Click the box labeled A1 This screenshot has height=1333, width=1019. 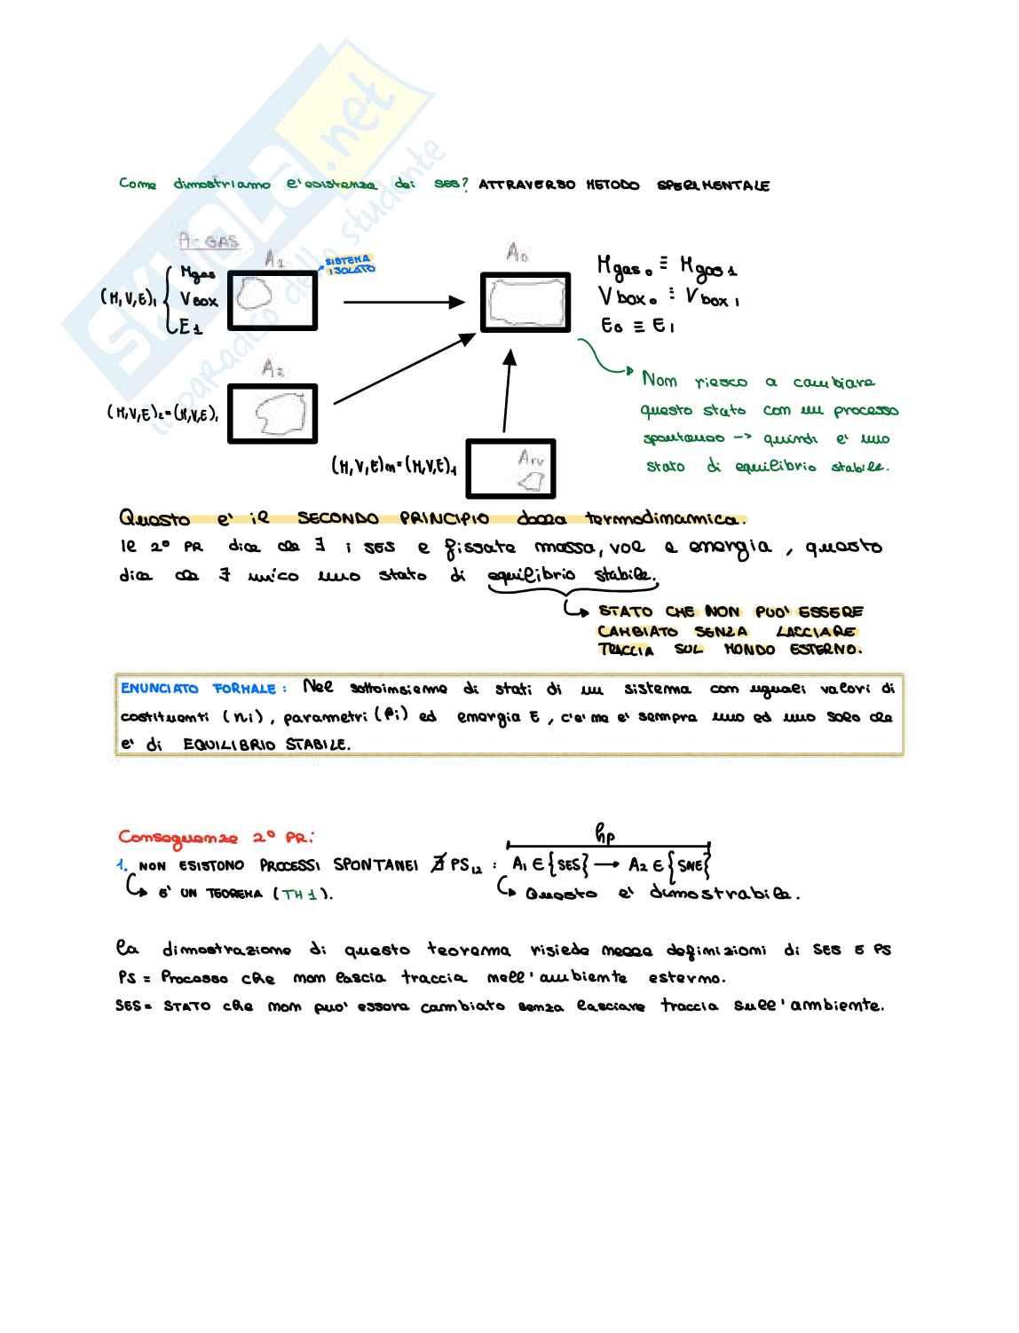point(273,300)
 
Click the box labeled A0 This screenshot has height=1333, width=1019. point(525,303)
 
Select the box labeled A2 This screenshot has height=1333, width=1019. point(273,413)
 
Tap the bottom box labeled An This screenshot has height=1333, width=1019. point(510,468)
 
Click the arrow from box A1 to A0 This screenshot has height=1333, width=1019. point(404,302)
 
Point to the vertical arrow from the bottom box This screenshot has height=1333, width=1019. point(507,390)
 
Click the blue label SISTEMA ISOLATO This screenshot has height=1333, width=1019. point(350,264)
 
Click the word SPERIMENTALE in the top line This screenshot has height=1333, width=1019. point(713,185)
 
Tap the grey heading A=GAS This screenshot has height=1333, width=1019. point(208,241)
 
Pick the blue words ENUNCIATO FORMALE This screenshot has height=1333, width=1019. point(203,689)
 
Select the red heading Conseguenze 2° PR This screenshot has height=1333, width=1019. point(216,837)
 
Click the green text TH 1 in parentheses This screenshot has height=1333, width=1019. point(300,894)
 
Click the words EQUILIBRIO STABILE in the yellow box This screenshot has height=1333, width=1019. point(266,745)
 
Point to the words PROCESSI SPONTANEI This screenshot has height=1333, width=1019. point(338,865)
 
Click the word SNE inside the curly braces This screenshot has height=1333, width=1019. point(691,865)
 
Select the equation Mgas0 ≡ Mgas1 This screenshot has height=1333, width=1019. point(667,265)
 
